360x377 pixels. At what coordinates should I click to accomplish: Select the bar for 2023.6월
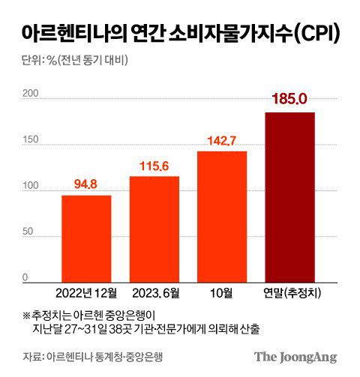[154, 229]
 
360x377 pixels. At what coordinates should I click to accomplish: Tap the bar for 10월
[221, 217]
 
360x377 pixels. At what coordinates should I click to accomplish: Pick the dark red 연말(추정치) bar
[289, 197]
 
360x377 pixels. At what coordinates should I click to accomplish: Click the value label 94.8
[86, 183]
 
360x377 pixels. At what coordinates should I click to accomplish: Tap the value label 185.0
[289, 98]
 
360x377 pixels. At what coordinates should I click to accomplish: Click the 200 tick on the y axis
[29, 94]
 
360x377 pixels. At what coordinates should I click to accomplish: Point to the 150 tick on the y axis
[29, 140]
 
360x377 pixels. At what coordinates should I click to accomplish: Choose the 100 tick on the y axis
[29, 186]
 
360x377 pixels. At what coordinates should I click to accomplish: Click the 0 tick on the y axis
[25, 278]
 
